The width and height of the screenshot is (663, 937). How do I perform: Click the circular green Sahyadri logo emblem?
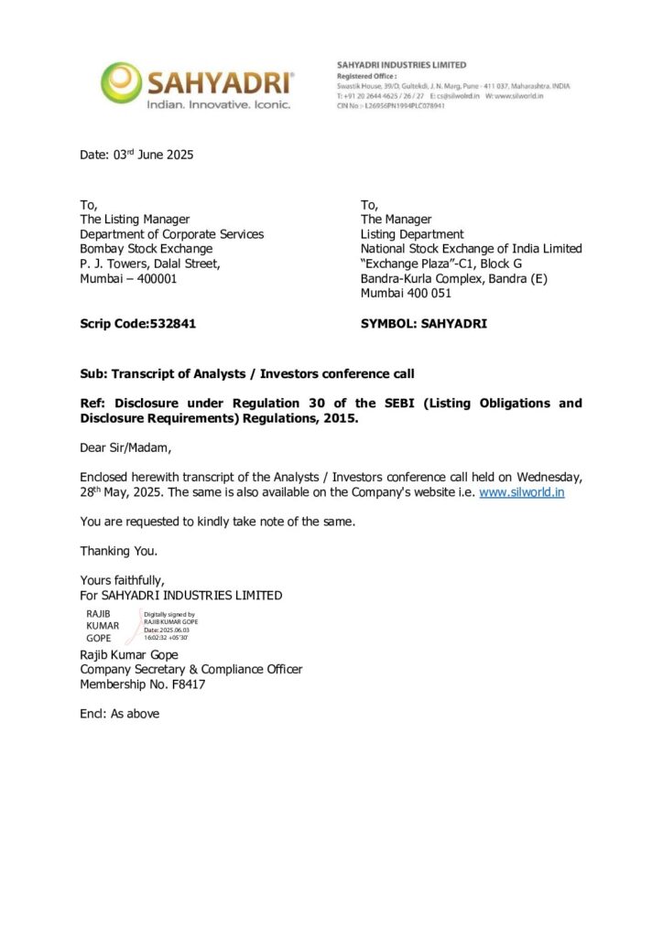(x=121, y=82)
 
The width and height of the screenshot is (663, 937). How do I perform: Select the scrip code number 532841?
(x=173, y=323)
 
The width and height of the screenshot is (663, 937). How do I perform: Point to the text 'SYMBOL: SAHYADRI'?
(x=424, y=323)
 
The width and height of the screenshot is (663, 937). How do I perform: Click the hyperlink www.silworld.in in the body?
(x=521, y=491)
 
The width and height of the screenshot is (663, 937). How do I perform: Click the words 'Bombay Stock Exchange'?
(x=147, y=248)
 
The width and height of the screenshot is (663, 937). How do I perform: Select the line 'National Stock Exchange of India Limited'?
(x=471, y=248)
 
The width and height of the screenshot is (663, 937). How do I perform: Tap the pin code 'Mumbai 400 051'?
(x=406, y=294)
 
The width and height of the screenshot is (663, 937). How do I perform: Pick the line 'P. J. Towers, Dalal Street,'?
(x=149, y=264)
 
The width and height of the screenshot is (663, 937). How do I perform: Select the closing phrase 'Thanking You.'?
(x=119, y=551)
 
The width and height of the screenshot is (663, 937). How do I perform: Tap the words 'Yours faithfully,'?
(x=123, y=580)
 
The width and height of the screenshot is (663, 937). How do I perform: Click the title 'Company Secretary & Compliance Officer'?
(x=190, y=669)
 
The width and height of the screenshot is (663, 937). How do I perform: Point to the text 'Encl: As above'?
(x=120, y=713)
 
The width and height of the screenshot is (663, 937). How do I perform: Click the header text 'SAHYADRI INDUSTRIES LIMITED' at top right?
(x=401, y=65)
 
